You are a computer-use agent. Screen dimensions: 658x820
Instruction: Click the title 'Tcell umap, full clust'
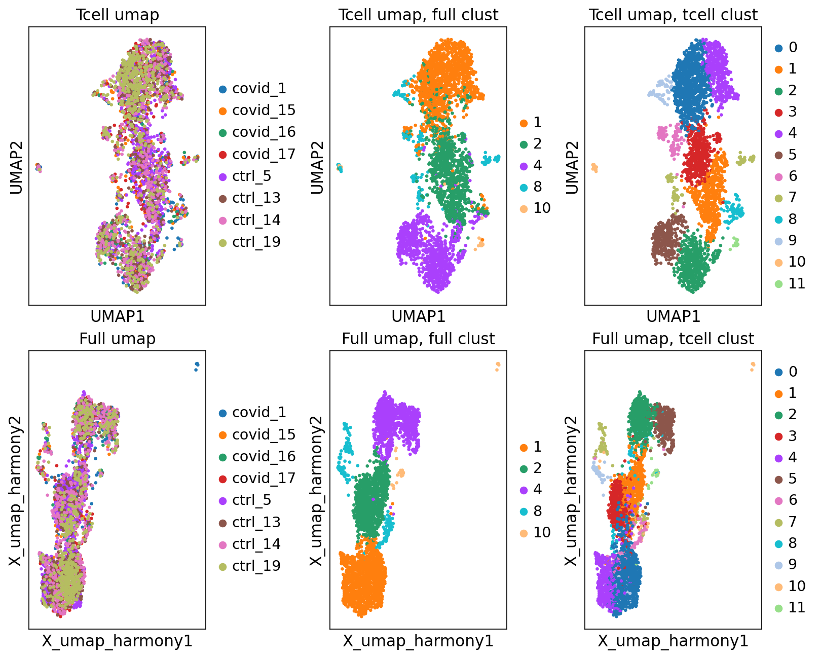click(418, 15)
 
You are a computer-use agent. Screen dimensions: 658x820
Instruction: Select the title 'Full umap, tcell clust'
click(673, 339)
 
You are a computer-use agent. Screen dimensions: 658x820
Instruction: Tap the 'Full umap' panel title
click(117, 339)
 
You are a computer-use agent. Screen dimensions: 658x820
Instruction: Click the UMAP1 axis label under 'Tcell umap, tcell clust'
click(673, 317)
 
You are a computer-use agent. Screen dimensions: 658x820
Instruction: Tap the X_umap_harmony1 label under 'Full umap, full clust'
click(418, 641)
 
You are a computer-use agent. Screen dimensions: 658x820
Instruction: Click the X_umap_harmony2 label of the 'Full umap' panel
click(16, 490)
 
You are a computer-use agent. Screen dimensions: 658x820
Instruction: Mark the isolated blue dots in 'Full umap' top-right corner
click(197, 365)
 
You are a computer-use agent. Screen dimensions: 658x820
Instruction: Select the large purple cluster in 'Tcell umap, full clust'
click(428, 253)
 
